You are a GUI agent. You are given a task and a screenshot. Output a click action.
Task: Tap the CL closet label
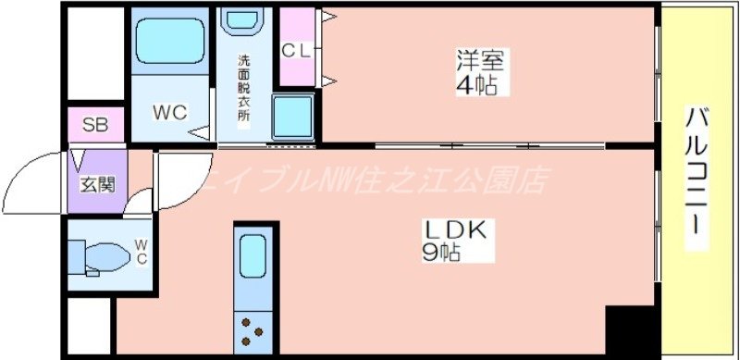pos(296,50)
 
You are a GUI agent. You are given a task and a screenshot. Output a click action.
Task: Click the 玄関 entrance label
pos(95,183)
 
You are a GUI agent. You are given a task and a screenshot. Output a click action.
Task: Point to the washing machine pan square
pos(293,118)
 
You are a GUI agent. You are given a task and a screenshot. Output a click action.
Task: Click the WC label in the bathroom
pos(170,113)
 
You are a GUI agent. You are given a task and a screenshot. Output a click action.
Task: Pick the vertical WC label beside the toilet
pos(141,251)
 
